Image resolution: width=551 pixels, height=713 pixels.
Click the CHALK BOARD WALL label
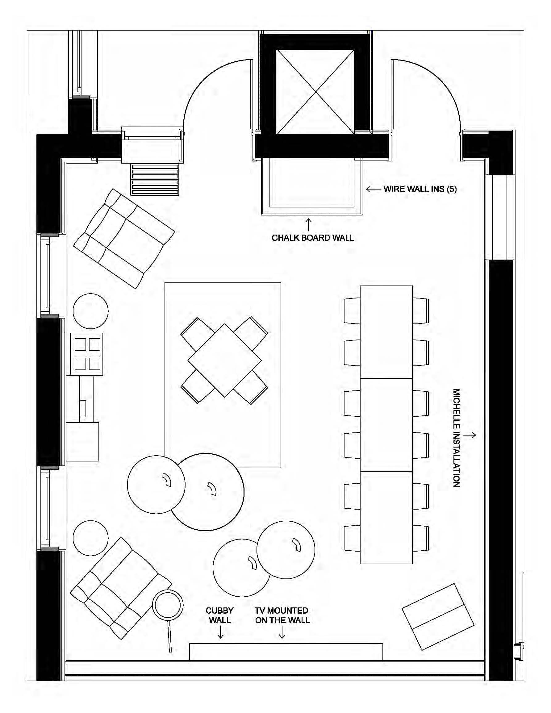tap(312, 238)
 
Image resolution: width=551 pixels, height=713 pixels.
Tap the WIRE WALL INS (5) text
tap(420, 189)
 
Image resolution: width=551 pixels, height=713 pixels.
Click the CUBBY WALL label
tap(219, 615)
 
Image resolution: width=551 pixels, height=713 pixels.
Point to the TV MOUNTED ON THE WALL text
tap(282, 615)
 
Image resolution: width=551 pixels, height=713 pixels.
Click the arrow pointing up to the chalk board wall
tap(308, 225)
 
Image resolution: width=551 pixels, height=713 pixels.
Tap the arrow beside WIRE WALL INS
tap(373, 189)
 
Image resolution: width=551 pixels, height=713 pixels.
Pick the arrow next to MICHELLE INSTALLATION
tap(470, 435)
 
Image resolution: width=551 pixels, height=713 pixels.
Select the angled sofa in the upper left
tap(124, 238)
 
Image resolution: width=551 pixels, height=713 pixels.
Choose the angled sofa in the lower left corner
tap(121, 588)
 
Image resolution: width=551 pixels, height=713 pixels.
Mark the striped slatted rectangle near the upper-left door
tap(155, 179)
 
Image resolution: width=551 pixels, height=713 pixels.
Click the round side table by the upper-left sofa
tap(90, 311)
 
